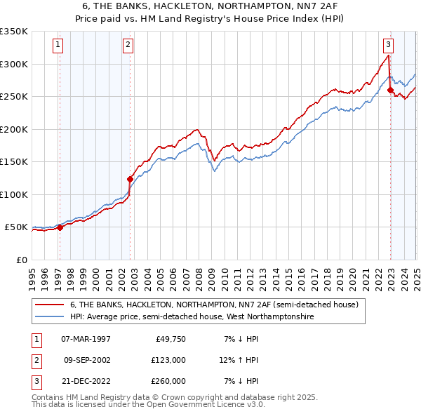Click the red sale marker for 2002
point(130,179)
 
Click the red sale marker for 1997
point(60,227)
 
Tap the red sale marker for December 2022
point(390,90)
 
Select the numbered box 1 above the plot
point(58,45)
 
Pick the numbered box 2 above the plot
point(128,45)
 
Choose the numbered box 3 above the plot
point(388,45)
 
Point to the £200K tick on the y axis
point(14,129)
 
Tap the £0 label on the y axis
point(22,260)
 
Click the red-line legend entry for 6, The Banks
point(214,305)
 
